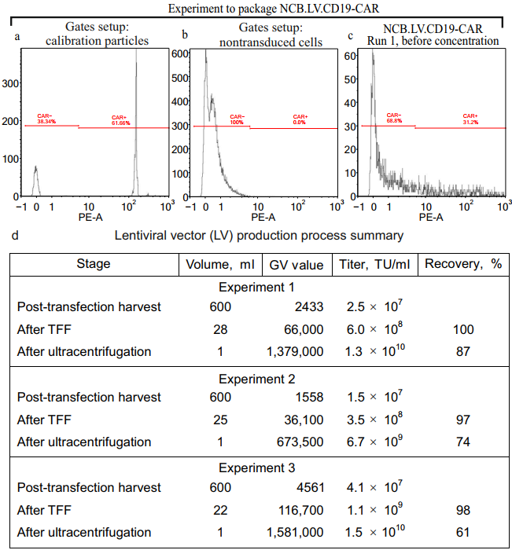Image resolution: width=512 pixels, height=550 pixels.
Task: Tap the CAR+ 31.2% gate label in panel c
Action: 470,119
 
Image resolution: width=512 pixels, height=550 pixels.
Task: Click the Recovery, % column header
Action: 462,264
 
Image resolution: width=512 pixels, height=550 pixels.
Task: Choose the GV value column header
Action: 297,265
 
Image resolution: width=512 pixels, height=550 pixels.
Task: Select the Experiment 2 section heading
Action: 256,378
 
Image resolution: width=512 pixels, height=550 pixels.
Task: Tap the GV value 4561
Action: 307,488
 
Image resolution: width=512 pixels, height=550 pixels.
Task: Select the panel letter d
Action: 17,235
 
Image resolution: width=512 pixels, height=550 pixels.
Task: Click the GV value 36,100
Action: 303,420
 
